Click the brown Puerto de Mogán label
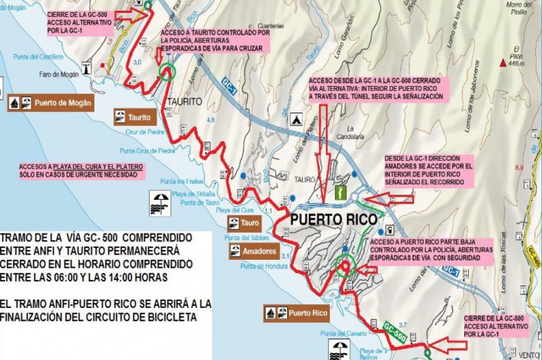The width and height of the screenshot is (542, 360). pos(49,104)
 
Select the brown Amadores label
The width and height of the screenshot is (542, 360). pos(251,252)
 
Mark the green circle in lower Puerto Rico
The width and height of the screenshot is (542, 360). pos(346,266)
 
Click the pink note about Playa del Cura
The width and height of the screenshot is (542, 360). pos(83,170)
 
